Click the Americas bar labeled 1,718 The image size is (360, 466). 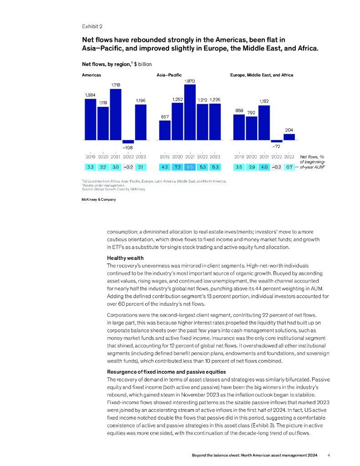coord(116,114)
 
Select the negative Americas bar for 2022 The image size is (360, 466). coord(128,142)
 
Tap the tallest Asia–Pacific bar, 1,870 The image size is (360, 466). coord(190,112)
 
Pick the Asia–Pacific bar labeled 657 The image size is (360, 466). coord(165,130)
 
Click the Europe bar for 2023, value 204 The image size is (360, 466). coord(289,137)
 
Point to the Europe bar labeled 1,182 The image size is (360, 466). coord(264,122)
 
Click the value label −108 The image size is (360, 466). coord(128,147)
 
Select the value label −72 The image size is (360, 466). coord(276,147)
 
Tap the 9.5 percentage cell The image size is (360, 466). coord(190,167)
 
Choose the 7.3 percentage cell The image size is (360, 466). coord(177,167)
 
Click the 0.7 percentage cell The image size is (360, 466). coord(289,167)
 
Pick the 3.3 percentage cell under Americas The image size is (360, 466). coord(91,167)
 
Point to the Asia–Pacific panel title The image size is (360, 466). coord(169,75)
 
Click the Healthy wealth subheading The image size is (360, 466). coord(125,258)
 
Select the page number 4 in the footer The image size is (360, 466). coord(329,455)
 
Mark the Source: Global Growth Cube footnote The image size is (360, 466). coord(113,189)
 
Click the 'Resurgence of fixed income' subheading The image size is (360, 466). coord(166,372)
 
